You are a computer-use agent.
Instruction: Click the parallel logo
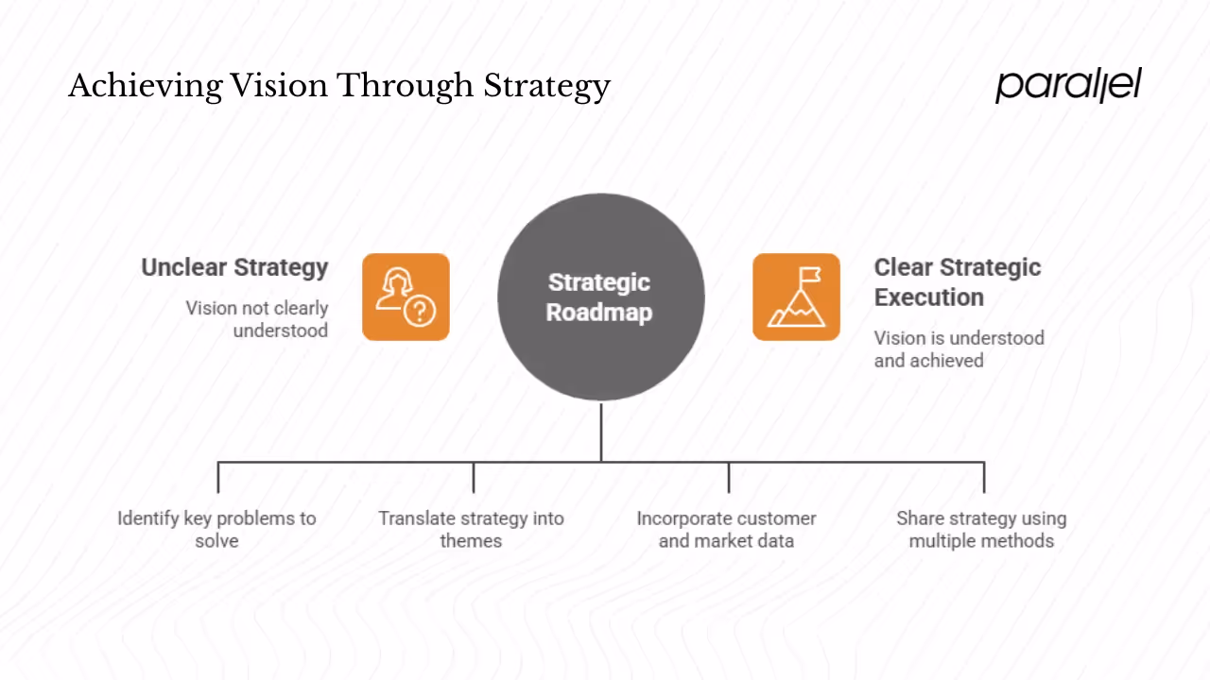pyautogui.click(x=1067, y=85)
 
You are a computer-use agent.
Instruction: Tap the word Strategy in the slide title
pyautogui.click(x=546, y=87)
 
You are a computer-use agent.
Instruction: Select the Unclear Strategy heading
pyautogui.click(x=234, y=267)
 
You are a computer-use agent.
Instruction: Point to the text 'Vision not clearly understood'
pyautogui.click(x=257, y=319)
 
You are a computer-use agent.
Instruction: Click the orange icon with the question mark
pyautogui.click(x=406, y=297)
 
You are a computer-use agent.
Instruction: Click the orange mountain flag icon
pyautogui.click(x=796, y=297)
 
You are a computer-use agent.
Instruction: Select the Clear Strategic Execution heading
pyautogui.click(x=957, y=281)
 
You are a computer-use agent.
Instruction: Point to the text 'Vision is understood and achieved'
pyautogui.click(x=959, y=348)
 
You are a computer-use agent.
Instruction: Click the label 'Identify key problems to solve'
pyautogui.click(x=216, y=529)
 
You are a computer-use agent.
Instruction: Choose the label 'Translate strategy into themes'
pyautogui.click(x=471, y=529)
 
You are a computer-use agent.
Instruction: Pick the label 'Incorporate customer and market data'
pyautogui.click(x=726, y=529)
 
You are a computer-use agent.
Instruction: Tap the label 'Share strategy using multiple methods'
pyautogui.click(x=981, y=529)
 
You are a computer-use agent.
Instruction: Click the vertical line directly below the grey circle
pyautogui.click(x=601, y=432)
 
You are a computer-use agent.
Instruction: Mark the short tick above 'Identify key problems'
pyautogui.click(x=218, y=477)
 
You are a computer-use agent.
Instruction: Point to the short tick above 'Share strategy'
pyautogui.click(x=984, y=477)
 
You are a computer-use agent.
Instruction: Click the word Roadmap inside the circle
pyautogui.click(x=599, y=313)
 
